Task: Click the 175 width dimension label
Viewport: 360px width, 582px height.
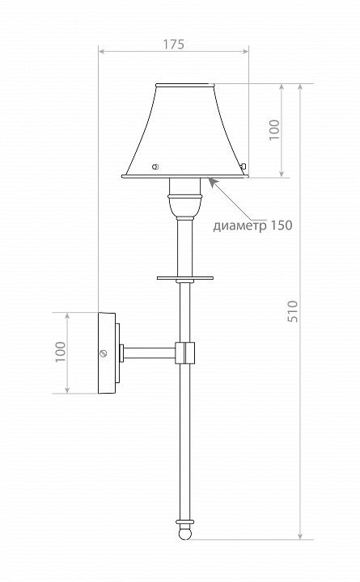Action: coord(173,44)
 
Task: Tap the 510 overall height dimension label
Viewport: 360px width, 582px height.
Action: coord(293,311)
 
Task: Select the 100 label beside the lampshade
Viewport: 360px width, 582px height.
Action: coord(274,129)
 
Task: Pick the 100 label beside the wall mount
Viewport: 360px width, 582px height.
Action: coord(61,352)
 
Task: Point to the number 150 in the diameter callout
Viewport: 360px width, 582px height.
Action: coord(282,225)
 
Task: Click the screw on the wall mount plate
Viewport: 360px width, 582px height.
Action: coord(104,353)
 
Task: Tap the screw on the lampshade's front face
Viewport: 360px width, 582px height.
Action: coord(155,167)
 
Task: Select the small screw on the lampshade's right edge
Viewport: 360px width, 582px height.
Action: coord(244,167)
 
